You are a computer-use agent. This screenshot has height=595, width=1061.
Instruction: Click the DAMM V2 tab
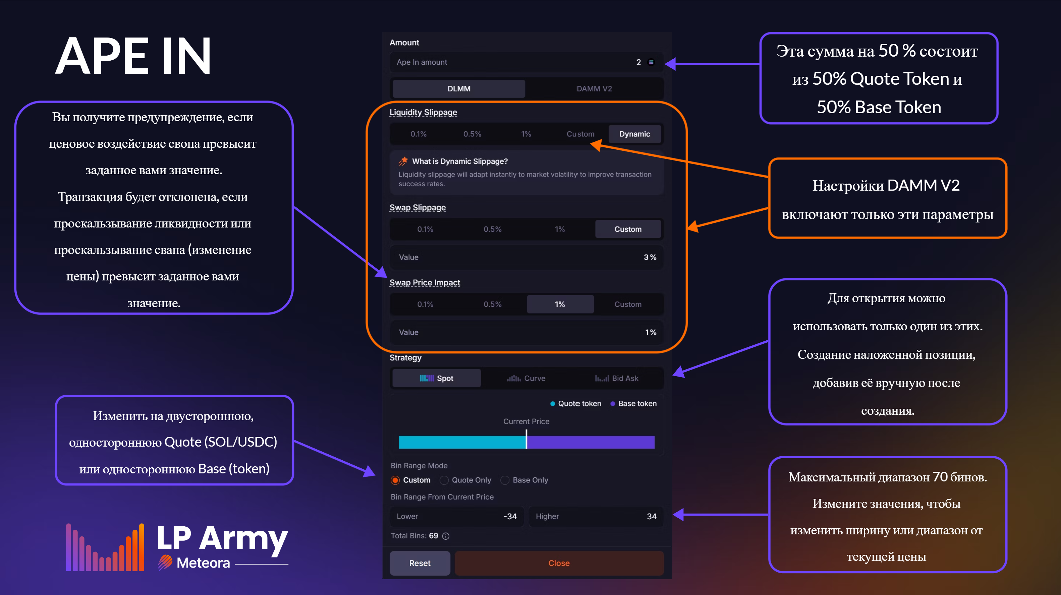[594, 89]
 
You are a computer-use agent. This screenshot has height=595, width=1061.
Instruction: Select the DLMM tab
[459, 89]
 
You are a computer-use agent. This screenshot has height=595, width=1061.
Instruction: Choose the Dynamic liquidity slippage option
[634, 134]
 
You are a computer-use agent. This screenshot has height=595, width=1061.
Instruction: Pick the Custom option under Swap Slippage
[628, 229]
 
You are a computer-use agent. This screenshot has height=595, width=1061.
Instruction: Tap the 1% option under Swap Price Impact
[560, 305]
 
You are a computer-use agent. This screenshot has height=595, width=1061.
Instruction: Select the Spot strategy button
[437, 378]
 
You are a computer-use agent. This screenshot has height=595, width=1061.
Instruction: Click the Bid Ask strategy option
[617, 378]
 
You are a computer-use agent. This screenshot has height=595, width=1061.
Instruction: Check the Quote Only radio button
[444, 480]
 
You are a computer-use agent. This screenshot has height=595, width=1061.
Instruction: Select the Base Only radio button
[505, 480]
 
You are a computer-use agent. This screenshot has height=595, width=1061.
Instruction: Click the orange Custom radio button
[395, 480]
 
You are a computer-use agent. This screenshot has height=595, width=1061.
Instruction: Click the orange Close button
[559, 563]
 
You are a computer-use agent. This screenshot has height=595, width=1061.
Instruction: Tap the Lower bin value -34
[510, 516]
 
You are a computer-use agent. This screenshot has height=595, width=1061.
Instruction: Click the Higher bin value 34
[652, 516]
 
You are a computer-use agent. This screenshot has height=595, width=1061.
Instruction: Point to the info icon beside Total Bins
[446, 536]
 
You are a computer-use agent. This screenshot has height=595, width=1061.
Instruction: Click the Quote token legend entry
[576, 404]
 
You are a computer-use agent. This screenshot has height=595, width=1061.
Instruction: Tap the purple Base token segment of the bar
[591, 442]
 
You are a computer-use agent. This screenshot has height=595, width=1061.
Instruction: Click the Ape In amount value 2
[638, 62]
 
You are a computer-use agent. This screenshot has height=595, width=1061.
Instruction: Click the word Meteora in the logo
[203, 563]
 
